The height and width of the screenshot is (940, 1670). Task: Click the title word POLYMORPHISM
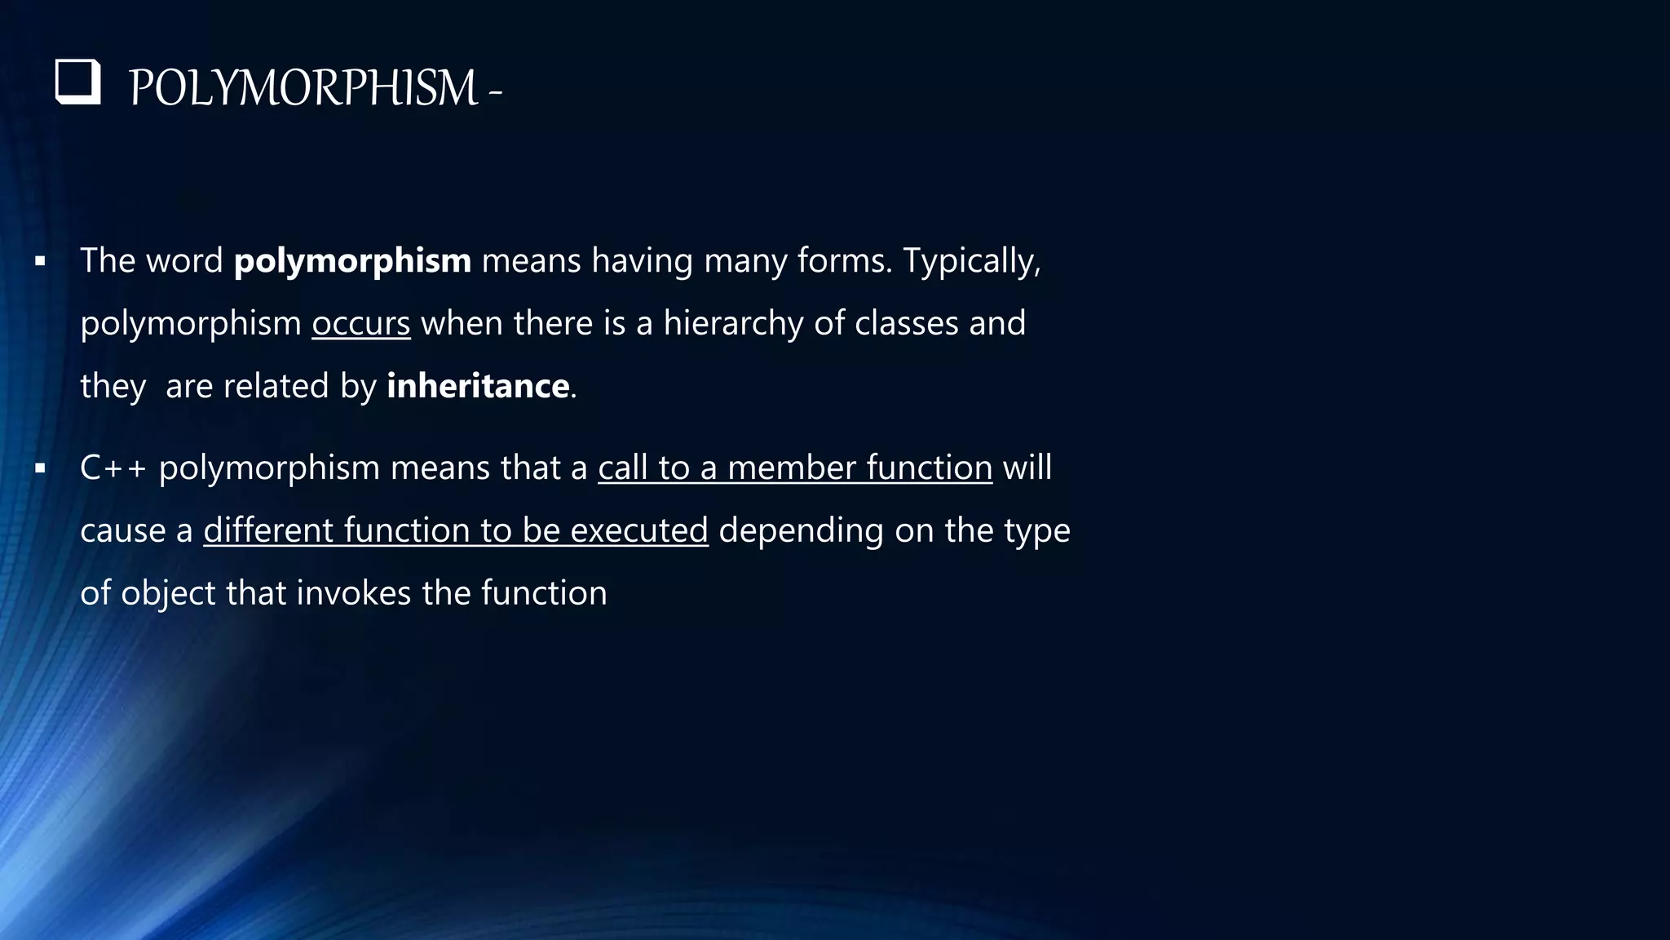[x=303, y=88]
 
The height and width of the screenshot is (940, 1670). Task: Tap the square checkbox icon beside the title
[x=78, y=82]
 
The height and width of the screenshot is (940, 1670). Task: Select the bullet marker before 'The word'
[x=40, y=263]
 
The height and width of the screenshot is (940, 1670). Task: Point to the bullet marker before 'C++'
[x=40, y=469]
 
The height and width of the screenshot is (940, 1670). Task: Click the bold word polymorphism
[x=352, y=261]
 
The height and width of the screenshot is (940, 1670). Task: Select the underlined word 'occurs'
[x=360, y=323]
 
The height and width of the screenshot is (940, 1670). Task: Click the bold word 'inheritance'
[x=478, y=385]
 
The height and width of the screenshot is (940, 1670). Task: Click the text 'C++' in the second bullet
[x=113, y=468]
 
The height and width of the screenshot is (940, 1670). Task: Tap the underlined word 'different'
[x=268, y=530]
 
